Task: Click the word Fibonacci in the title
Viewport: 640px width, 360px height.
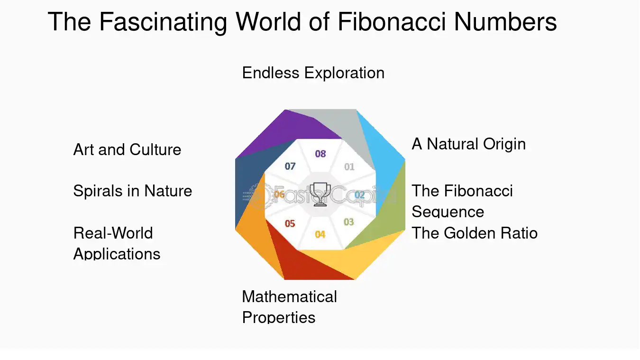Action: (x=392, y=21)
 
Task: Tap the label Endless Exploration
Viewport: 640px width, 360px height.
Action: (x=313, y=73)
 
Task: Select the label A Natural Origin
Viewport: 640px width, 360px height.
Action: (x=468, y=144)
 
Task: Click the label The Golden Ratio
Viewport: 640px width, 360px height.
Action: (x=475, y=233)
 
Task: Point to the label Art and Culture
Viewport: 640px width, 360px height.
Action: (x=127, y=149)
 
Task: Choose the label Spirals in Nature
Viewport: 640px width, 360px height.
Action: (x=133, y=191)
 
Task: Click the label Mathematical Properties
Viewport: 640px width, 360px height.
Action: (x=290, y=307)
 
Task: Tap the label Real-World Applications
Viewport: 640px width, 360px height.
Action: (x=117, y=243)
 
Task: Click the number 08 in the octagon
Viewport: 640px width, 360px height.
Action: (x=320, y=154)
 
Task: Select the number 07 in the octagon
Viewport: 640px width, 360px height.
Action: (x=290, y=166)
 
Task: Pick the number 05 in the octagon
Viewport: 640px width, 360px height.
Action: (x=290, y=223)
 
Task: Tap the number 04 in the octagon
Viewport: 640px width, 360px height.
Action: (x=320, y=234)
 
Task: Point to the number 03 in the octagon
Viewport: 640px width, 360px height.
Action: (x=348, y=222)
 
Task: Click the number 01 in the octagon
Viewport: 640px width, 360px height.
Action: (x=349, y=166)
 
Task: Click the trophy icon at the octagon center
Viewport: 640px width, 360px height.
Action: (x=320, y=194)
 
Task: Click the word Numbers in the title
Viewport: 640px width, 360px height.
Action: (x=505, y=21)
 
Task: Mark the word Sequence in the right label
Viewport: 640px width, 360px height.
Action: (x=448, y=212)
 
